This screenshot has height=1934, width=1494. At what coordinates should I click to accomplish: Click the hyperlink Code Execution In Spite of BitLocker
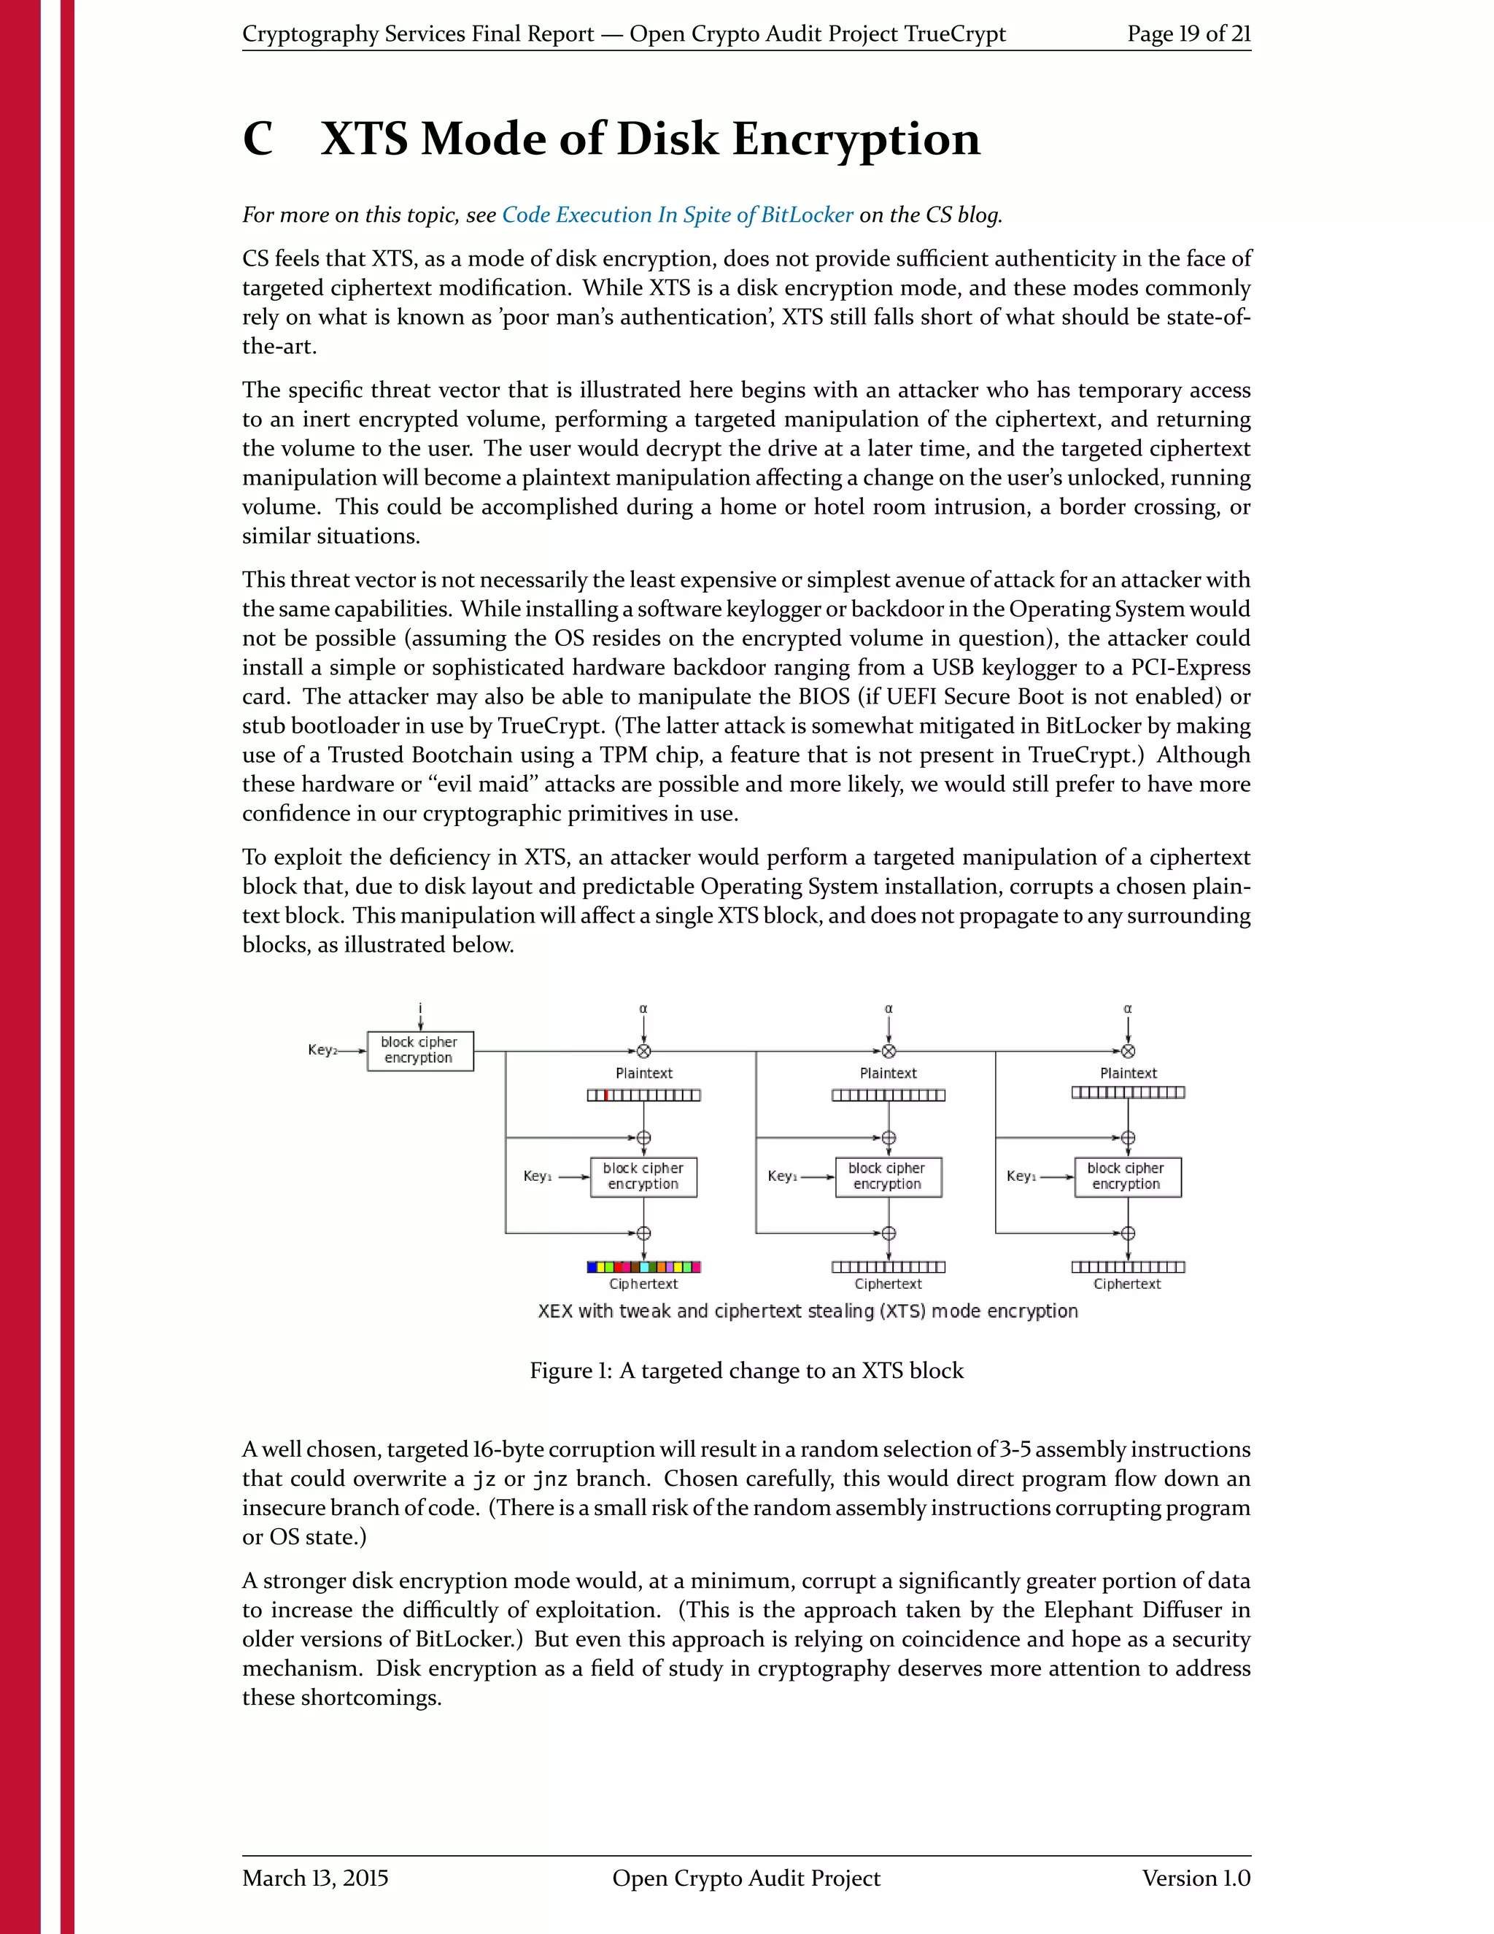click(x=677, y=215)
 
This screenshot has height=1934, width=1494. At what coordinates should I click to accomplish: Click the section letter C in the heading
click(x=258, y=140)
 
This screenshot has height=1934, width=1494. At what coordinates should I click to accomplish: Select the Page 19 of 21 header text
click(x=1188, y=34)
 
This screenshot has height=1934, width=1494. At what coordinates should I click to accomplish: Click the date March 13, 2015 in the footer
click(x=315, y=1879)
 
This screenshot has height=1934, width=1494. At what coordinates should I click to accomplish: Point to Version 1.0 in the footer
click(x=1195, y=1879)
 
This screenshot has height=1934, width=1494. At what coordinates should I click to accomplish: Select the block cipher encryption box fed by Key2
click(x=419, y=1050)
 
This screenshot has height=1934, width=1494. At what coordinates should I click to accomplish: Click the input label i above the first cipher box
click(x=420, y=1008)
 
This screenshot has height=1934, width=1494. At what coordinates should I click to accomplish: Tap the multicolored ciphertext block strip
click(x=643, y=1267)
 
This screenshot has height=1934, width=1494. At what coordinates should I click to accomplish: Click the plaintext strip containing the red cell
click(x=643, y=1095)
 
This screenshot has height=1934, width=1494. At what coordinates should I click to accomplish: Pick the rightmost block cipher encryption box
click(x=1126, y=1177)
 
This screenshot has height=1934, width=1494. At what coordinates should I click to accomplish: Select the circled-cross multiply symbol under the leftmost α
click(x=643, y=1051)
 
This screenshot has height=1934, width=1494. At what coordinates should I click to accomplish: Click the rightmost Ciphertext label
click(x=1126, y=1284)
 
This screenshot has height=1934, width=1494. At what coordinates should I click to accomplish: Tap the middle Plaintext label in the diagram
click(x=888, y=1074)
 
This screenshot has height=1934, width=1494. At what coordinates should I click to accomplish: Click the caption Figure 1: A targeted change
click(x=746, y=1371)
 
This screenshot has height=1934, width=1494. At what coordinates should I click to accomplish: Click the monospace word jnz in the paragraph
click(x=549, y=1479)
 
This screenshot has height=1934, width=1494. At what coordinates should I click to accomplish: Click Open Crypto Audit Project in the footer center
click(x=746, y=1879)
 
